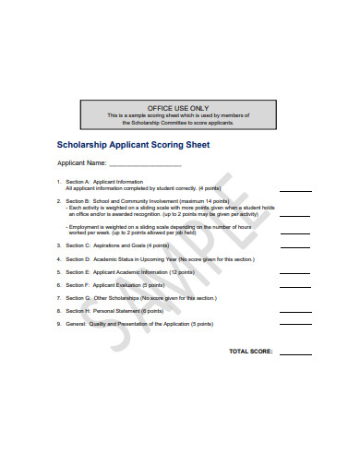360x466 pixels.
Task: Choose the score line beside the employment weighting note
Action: (x=295, y=233)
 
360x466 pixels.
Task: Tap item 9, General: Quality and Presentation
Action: (x=138, y=324)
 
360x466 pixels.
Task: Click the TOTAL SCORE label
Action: (x=250, y=352)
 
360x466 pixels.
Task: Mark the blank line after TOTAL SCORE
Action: (x=295, y=353)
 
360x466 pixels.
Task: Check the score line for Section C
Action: (x=295, y=247)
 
